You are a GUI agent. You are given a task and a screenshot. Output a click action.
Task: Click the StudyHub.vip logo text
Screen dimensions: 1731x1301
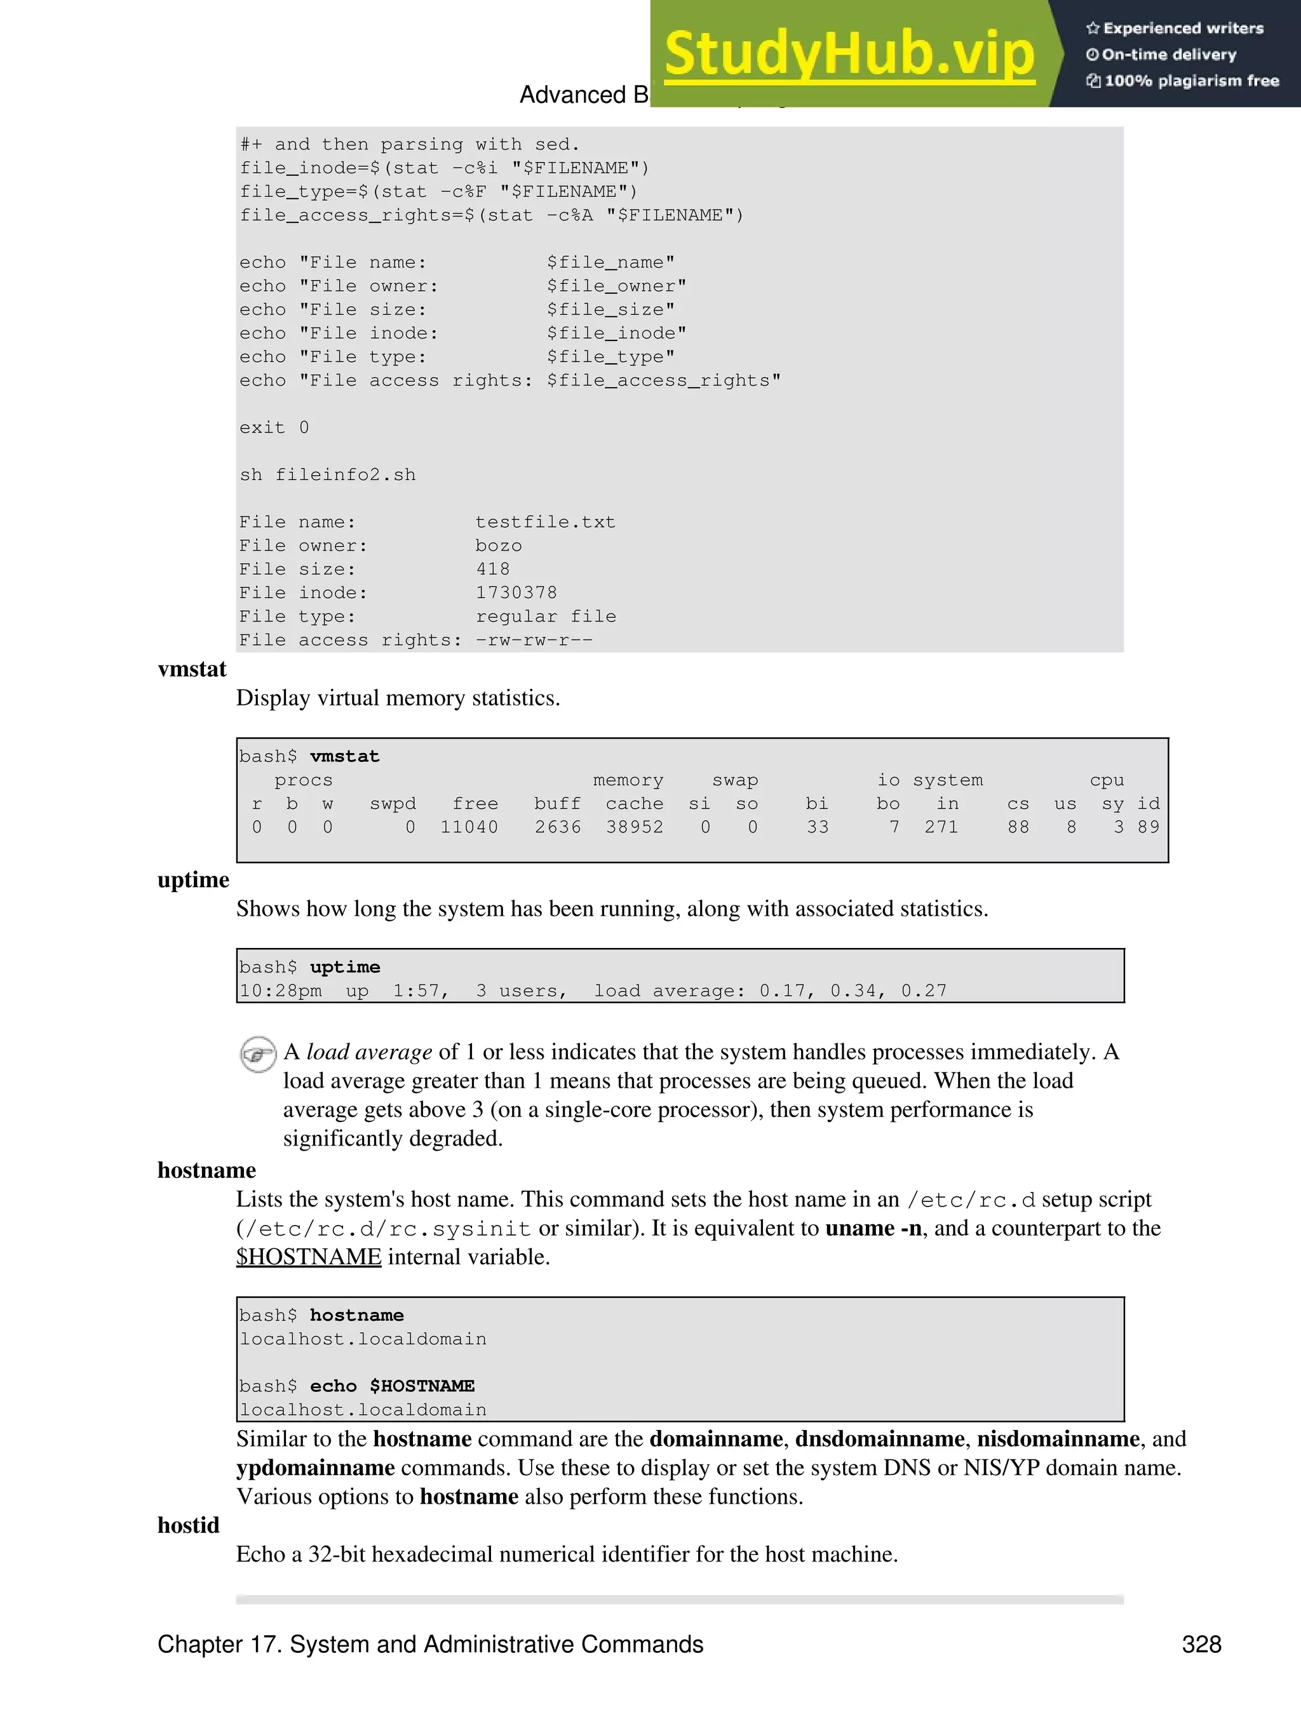coord(849,55)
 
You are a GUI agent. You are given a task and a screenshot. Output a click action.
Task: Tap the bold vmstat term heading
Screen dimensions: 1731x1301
coord(192,669)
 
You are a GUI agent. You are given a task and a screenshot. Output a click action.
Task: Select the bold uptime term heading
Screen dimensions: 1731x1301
coord(193,879)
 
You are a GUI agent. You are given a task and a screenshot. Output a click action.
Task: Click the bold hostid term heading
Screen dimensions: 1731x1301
coord(189,1525)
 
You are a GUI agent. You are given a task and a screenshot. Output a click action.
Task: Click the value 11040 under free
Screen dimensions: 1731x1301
coord(469,827)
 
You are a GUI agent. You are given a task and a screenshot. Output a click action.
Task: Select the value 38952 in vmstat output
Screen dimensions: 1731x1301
coord(634,827)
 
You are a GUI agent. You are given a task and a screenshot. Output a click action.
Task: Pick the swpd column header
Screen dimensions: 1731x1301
coord(393,804)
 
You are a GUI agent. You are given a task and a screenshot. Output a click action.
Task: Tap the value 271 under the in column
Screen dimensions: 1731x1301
coord(941,827)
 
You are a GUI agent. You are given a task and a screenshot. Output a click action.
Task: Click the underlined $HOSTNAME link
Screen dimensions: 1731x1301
coord(309,1257)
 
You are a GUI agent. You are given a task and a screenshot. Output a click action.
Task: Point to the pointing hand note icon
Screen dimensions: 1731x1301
coord(257,1054)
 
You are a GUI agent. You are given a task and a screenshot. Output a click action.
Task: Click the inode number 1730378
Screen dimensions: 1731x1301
coord(516,592)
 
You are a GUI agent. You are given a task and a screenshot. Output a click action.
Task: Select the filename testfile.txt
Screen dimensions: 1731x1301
coord(545,522)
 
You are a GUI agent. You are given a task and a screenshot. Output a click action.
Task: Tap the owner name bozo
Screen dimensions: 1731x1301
coord(499,545)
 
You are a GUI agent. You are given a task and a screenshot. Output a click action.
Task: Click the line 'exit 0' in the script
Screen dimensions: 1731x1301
coord(274,427)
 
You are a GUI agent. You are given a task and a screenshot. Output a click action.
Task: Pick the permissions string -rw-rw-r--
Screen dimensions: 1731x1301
coord(534,640)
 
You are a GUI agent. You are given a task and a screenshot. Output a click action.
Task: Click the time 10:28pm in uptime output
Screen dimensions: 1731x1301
coord(280,991)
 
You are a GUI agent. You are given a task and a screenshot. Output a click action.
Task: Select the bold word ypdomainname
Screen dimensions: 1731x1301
coord(316,1467)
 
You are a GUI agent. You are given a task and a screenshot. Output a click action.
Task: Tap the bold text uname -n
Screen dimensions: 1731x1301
coord(873,1228)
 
